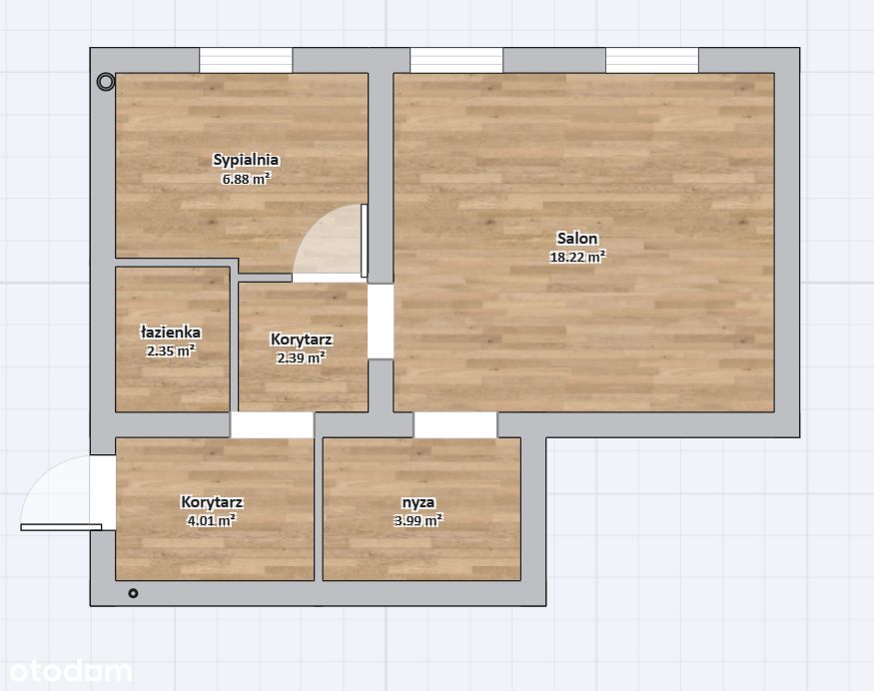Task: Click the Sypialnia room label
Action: tap(246, 160)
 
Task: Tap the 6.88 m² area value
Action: tap(247, 179)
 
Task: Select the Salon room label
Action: tap(577, 238)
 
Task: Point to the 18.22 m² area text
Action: tap(577, 257)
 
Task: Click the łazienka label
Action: tap(171, 333)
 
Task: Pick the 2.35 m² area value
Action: tap(171, 351)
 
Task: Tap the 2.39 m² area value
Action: tap(302, 357)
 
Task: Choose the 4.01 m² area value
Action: tap(212, 521)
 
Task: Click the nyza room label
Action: tap(419, 502)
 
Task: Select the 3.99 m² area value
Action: tap(419, 521)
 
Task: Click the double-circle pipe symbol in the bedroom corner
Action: tap(105, 83)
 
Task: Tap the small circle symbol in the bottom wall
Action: tap(133, 593)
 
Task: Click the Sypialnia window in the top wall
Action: tap(246, 60)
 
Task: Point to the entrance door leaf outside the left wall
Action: tap(61, 527)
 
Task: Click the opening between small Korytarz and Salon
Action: tap(381, 322)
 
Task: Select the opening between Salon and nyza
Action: tap(455, 425)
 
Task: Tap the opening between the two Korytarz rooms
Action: tap(272, 425)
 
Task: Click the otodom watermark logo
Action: tap(71, 671)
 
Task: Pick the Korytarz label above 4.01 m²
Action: tap(212, 502)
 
